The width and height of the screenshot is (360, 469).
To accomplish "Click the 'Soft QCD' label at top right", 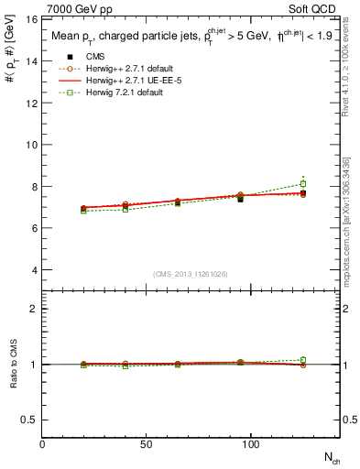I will tap(314, 7).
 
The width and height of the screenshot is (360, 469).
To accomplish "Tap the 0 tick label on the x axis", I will tap(43, 444).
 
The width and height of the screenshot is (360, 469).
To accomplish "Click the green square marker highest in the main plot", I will tap(303, 184).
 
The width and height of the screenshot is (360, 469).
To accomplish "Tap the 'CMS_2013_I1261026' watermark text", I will tap(191, 273).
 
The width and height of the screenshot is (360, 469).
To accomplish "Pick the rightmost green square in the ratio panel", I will tap(303, 360).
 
